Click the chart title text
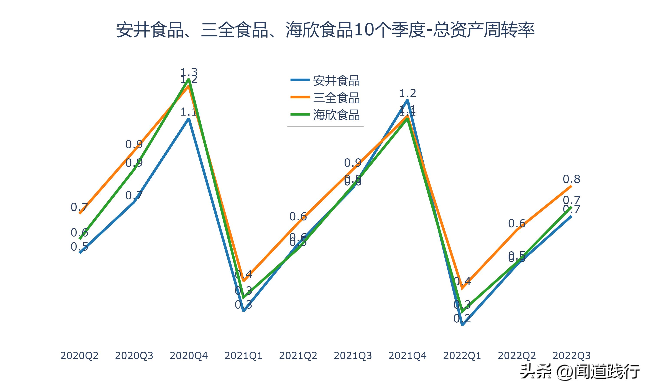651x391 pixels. (x=325, y=30)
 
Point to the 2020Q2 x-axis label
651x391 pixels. (x=79, y=356)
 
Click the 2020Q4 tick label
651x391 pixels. (x=188, y=356)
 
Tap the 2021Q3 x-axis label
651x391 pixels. (x=353, y=356)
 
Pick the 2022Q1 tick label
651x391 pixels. (x=462, y=356)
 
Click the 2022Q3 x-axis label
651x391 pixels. (x=571, y=356)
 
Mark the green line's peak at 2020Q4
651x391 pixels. (x=189, y=79)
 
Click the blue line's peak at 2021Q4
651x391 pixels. (x=407, y=100)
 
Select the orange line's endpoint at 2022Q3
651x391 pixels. (x=571, y=186)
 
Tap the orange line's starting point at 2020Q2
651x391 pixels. (x=80, y=213)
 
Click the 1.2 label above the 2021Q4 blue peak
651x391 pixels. (x=407, y=93)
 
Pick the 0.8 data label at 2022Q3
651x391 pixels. (x=571, y=179)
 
